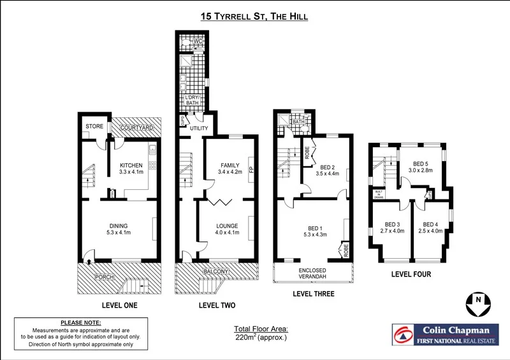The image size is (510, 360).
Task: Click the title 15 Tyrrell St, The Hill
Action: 255,17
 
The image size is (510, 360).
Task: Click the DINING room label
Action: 118,226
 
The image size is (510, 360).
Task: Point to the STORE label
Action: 94,127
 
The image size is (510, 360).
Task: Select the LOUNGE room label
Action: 226,226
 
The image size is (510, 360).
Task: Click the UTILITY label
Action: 199,129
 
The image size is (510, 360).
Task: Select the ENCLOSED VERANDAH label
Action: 313,274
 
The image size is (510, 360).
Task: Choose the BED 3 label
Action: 393,224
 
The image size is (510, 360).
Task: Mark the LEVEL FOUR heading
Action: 411,275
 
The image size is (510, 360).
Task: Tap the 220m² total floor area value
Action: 261,337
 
